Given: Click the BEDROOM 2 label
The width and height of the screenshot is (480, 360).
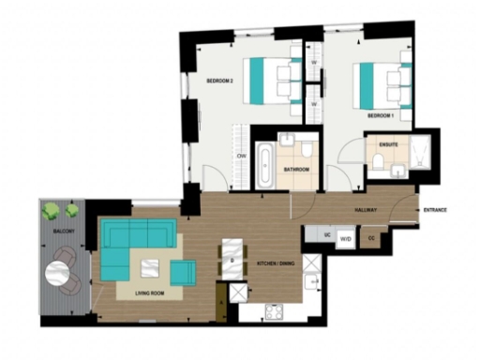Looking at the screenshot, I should coord(219,81).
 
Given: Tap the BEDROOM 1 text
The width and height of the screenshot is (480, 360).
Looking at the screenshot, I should coord(380,115).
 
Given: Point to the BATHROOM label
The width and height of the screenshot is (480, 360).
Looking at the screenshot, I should coord(297,170).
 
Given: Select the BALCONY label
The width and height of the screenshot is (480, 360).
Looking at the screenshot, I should coord(64,230).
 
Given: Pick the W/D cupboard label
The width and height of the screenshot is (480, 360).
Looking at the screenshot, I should coord(345,239).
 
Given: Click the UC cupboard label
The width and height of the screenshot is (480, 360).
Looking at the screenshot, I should coord(315,233).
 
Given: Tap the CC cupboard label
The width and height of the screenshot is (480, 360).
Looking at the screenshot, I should coord(373,239).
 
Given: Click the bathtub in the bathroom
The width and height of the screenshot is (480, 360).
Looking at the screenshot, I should coord(265,164).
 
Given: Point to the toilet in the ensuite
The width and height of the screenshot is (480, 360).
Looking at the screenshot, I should coord(377,163).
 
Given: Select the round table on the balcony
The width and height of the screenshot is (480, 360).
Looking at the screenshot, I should coord(59,275).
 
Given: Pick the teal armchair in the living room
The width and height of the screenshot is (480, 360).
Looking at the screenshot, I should coord(182,273).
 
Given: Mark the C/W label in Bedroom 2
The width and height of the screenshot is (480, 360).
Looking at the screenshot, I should coord(242,155).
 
